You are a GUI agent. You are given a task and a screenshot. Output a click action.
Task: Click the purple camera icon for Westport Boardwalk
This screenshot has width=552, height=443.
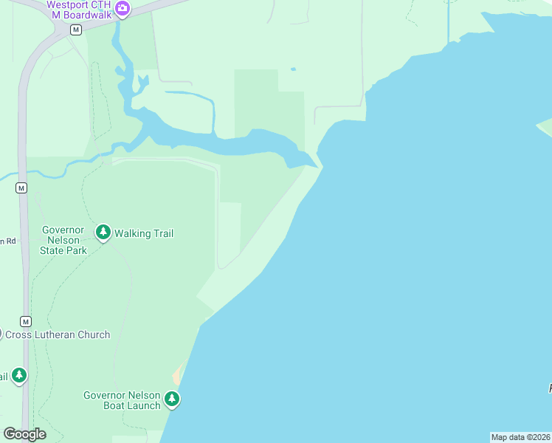[123, 10]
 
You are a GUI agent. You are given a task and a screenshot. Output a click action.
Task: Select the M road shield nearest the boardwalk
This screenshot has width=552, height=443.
[75, 30]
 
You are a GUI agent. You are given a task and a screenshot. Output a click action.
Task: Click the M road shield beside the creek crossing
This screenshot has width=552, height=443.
[21, 188]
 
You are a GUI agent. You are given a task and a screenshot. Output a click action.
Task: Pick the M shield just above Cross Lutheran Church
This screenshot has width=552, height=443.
[26, 321]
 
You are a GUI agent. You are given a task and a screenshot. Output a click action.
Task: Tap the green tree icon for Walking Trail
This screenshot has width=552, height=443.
[103, 233]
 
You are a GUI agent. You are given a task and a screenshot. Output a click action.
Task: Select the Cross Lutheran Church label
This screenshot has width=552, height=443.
[58, 334]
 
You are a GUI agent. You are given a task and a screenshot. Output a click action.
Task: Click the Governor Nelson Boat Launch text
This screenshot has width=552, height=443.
[122, 400]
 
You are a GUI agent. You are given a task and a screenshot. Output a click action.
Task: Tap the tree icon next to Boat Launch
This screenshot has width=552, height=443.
[172, 399]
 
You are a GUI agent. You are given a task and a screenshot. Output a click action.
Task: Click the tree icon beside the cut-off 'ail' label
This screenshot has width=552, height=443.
[19, 376]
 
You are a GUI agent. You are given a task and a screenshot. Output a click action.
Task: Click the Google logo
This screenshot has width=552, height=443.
[24, 434]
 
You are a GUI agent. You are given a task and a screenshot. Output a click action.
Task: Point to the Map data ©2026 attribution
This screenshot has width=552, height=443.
[520, 437]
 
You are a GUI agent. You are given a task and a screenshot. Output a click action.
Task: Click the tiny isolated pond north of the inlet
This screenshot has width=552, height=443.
[293, 69]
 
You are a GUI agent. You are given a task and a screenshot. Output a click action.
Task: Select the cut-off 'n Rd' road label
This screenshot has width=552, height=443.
[7, 241]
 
